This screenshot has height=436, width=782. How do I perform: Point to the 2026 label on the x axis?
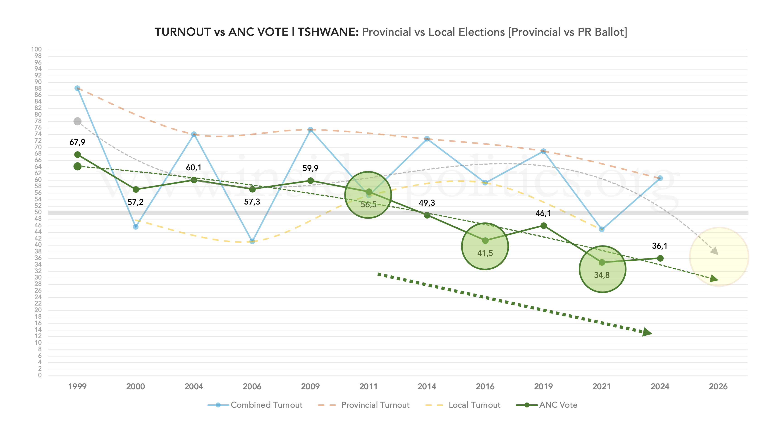(718, 386)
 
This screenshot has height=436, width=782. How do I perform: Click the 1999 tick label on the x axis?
(77, 386)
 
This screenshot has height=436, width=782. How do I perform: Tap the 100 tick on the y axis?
(36, 49)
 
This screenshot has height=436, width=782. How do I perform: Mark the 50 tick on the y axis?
(38, 212)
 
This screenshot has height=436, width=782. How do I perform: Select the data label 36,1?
(660, 246)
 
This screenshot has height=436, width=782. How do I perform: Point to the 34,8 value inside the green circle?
(602, 275)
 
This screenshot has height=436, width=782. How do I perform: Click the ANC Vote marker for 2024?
(660, 258)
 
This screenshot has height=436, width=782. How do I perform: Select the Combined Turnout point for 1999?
(77, 88)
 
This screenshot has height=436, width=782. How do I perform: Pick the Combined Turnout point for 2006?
(252, 241)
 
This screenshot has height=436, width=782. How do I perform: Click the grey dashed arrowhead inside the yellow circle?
(715, 251)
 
